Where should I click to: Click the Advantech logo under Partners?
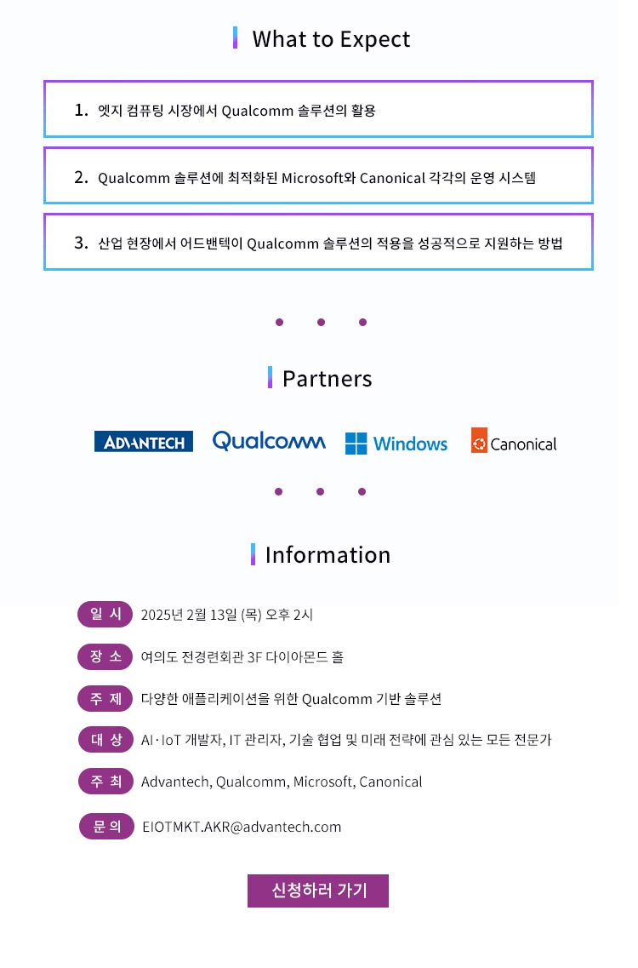(x=143, y=441)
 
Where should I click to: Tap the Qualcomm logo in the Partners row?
(x=269, y=441)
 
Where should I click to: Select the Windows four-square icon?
(x=356, y=444)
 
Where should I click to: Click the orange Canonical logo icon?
(x=480, y=440)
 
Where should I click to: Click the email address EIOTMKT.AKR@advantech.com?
(x=242, y=827)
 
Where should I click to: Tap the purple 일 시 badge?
(x=105, y=615)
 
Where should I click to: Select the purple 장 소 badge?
(x=105, y=656)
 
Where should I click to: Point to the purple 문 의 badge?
(x=106, y=826)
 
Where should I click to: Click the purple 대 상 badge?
(x=105, y=740)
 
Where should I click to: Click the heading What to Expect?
(x=331, y=39)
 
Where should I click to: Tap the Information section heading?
(x=328, y=555)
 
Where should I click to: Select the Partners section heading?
(x=327, y=379)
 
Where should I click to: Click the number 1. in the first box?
(x=82, y=110)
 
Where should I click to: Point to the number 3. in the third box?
(x=82, y=243)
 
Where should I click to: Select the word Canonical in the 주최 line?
(x=390, y=782)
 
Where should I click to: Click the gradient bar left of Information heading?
(x=253, y=554)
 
